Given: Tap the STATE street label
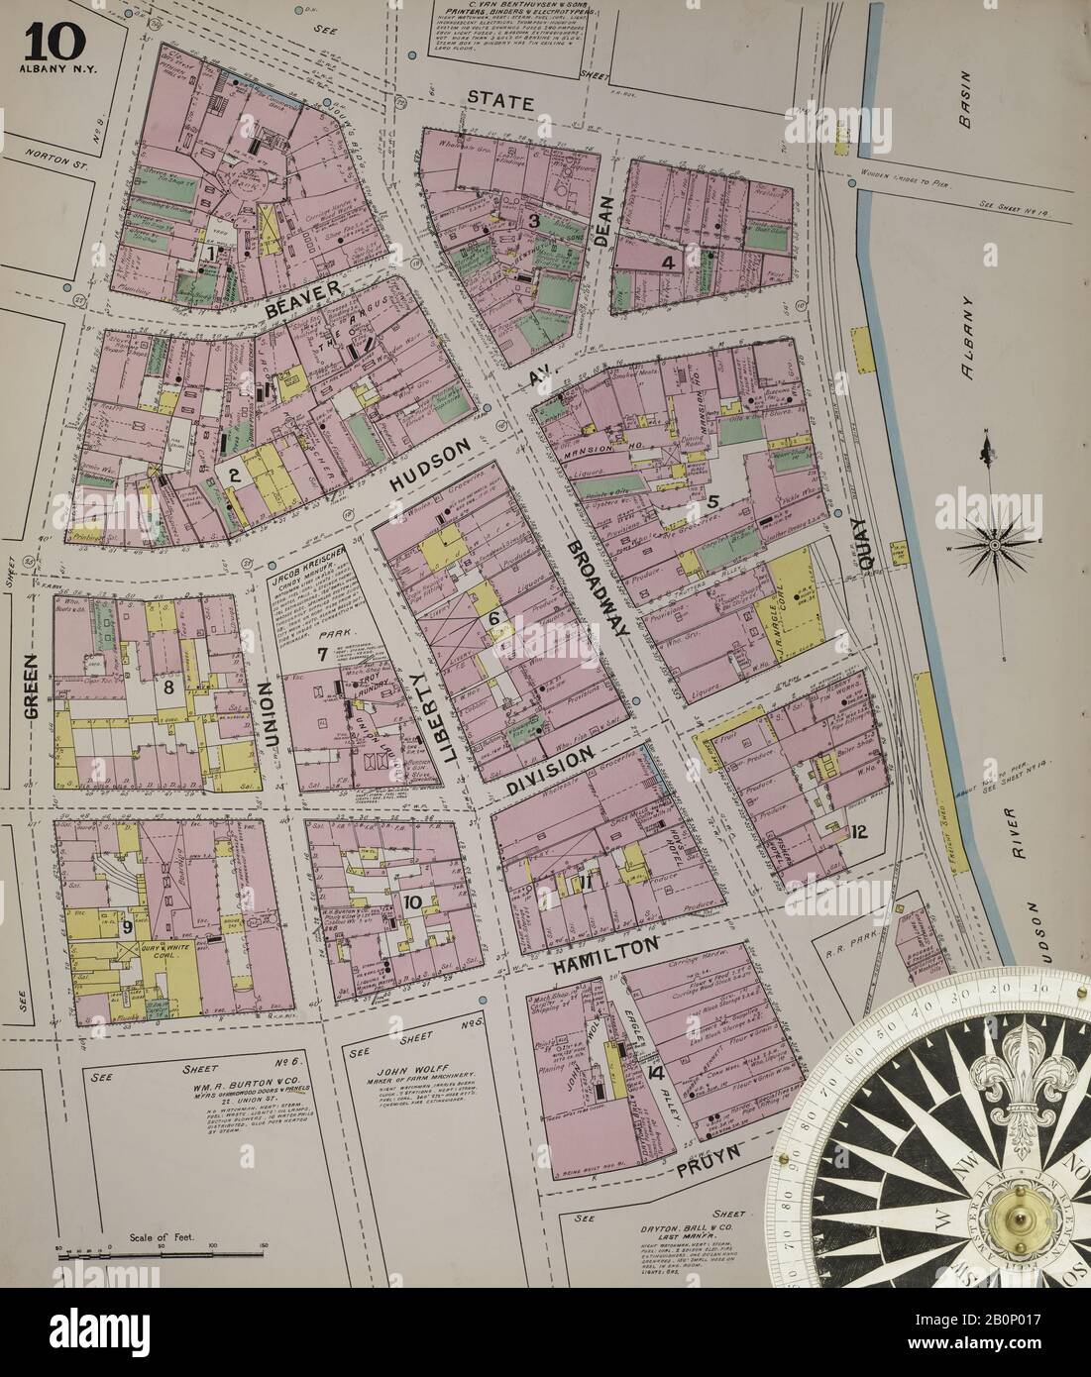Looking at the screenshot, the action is point(501,101).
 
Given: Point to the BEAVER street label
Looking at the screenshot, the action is point(302,297).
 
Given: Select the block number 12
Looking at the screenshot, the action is point(859,831).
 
